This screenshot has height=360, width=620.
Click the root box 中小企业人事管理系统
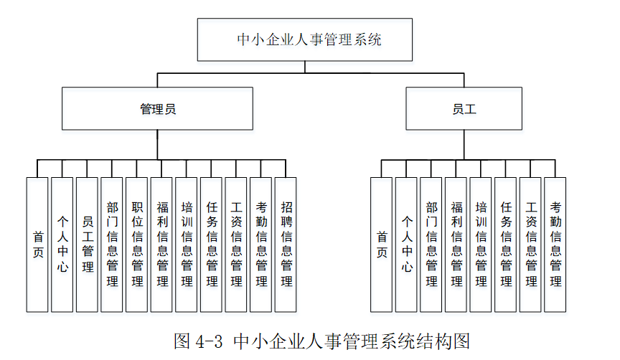pos(305,39)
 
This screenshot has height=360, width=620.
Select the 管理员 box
pos(157,109)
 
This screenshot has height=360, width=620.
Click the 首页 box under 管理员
pos(37,245)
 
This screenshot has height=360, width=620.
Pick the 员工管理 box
pos(87,245)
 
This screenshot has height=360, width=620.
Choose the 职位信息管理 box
pos(136,245)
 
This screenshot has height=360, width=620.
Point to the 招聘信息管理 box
pos(286,245)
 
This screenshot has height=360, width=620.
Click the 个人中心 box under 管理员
pos(62,245)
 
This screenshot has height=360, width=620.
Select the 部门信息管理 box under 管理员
pos(112,245)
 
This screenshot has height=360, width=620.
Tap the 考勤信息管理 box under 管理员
pos(260,245)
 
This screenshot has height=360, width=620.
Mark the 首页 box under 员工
pos(381,245)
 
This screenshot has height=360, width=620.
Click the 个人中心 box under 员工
pos(406,245)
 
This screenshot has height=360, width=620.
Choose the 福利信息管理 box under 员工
pos(456,245)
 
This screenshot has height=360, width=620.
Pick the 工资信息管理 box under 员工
pos(530,245)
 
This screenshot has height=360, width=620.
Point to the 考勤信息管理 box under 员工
pos(555,245)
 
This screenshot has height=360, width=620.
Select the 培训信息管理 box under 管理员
pos(186,245)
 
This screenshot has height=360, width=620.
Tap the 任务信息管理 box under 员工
pos(505,245)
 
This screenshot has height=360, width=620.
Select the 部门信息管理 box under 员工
pos(431,245)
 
